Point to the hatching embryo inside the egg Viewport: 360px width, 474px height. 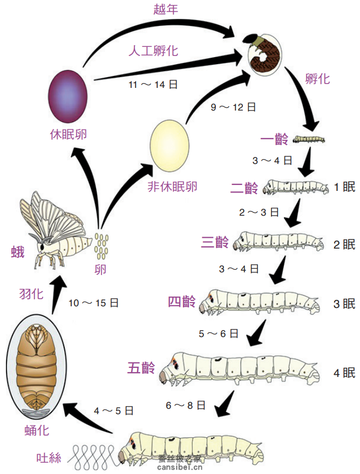(267, 55)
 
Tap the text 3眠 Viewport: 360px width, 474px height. (344, 304)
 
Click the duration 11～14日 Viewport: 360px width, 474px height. (153, 84)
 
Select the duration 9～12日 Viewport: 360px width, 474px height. (233, 106)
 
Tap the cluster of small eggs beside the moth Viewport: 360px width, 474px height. (100, 245)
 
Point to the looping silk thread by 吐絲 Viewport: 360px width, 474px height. (92, 457)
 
